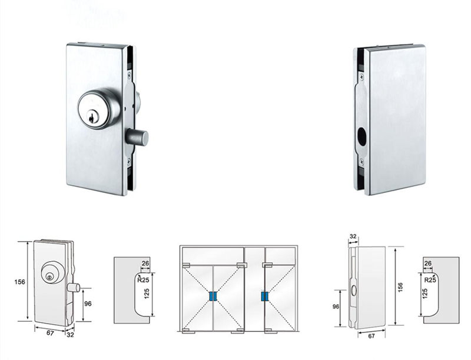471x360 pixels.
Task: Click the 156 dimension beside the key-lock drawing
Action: [x=19, y=282]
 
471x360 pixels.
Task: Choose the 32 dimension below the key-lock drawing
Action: [x=71, y=335]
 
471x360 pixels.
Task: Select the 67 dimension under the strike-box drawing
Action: [x=371, y=336]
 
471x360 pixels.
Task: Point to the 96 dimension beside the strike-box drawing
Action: [x=335, y=307]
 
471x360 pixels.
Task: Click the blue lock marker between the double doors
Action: [x=213, y=296]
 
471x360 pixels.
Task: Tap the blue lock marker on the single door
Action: [x=264, y=296]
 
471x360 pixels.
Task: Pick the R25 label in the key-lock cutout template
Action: [x=144, y=280]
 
